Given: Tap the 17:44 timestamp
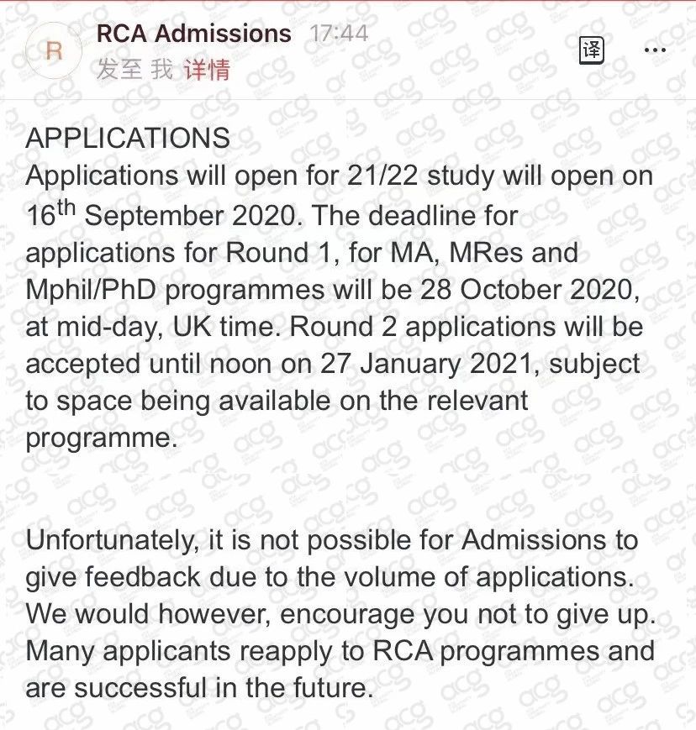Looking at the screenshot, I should pos(339,34).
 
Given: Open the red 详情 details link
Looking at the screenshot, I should pos(207,70).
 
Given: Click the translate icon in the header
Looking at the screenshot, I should pos(592,50).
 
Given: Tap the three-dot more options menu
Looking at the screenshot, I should pos(654,50).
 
